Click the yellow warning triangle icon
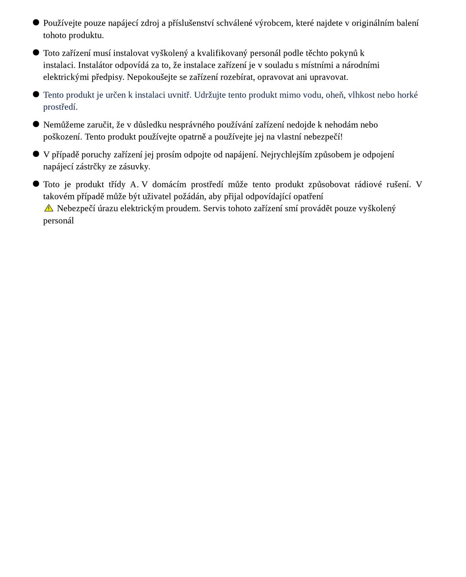[x=49, y=208]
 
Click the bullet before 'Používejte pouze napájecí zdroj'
[x=36, y=23]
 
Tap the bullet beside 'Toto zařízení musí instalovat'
[x=36, y=52]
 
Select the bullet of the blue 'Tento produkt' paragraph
[x=36, y=94]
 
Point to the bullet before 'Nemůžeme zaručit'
[x=36, y=124]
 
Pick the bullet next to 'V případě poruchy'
[x=36, y=154]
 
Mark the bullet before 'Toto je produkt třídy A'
[x=36, y=184]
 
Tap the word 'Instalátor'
[x=95, y=65]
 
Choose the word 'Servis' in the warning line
[x=214, y=208]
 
